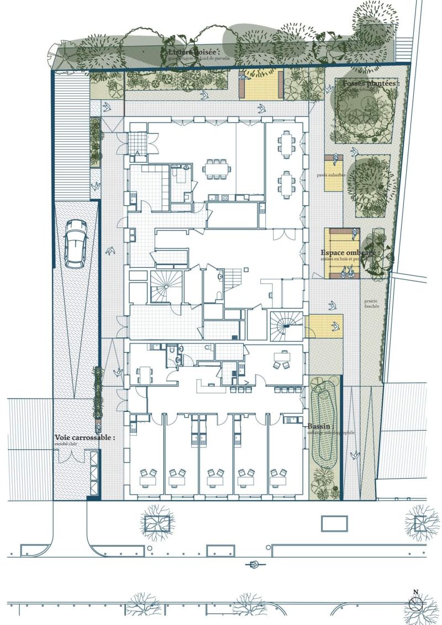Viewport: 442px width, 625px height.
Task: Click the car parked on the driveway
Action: click(75, 244)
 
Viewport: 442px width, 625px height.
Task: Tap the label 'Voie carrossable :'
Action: click(85, 437)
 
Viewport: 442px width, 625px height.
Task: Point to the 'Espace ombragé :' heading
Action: click(348, 253)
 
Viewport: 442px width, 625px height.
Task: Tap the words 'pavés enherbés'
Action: click(331, 175)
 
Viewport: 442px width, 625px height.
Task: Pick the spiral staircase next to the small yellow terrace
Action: click(286, 326)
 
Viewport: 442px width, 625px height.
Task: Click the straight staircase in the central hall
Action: click(237, 274)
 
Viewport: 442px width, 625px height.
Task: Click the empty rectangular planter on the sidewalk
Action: click(334, 521)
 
